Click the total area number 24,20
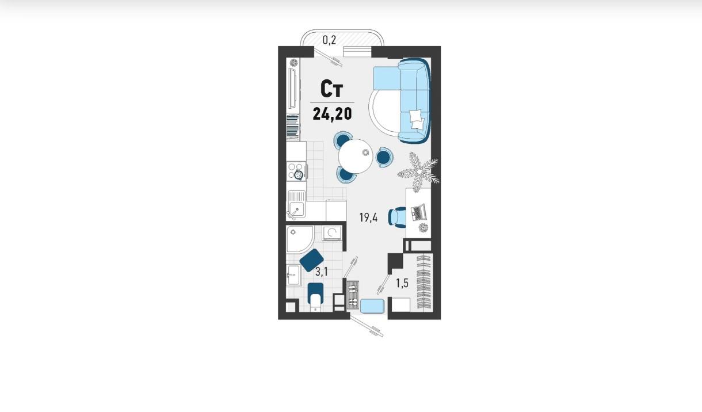(332, 114)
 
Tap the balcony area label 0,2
(329, 40)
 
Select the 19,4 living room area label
(368, 218)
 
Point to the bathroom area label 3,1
(322, 272)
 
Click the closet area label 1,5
(402, 283)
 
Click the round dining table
(356, 156)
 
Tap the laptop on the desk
(419, 212)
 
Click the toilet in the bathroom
(315, 297)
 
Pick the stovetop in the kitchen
(296, 171)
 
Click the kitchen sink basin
(296, 209)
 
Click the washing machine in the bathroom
(332, 233)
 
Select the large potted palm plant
(419, 171)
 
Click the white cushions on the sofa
(417, 119)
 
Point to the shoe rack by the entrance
(353, 295)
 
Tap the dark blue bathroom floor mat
(311, 260)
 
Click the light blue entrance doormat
(372, 306)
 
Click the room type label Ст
(332, 89)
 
